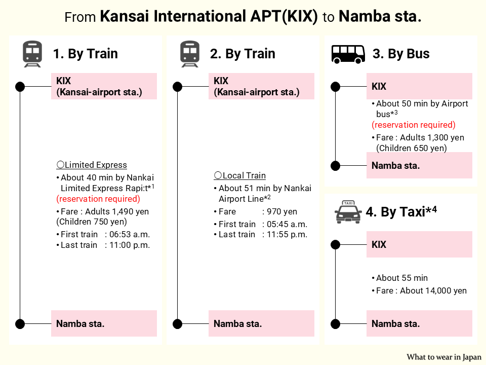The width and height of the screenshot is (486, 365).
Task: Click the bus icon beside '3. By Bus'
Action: pyautogui.click(x=348, y=53)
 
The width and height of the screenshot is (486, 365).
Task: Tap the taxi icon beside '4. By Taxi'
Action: pyautogui.click(x=348, y=212)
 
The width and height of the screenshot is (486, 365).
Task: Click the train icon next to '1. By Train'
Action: pyautogui.click(x=32, y=54)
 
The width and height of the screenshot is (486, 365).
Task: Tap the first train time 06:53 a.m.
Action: pyautogui.click(x=127, y=234)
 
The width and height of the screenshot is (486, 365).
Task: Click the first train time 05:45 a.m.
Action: pyautogui.click(x=285, y=224)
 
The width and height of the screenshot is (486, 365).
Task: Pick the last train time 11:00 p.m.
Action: pyautogui.click(x=127, y=245)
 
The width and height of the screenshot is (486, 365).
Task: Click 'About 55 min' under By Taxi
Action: pyautogui.click(x=402, y=278)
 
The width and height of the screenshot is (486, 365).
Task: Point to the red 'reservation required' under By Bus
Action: pyautogui.click(x=414, y=125)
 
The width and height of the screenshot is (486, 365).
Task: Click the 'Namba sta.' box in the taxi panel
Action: pyautogui.click(x=419, y=323)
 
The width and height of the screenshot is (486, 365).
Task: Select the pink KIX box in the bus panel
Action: pyautogui.click(x=419, y=86)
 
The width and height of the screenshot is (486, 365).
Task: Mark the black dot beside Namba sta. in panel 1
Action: pyautogui.click(x=20, y=323)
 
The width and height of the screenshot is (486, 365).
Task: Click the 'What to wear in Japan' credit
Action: pyautogui.click(x=444, y=357)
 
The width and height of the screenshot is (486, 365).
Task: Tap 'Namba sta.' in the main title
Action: pyautogui.click(x=380, y=17)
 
